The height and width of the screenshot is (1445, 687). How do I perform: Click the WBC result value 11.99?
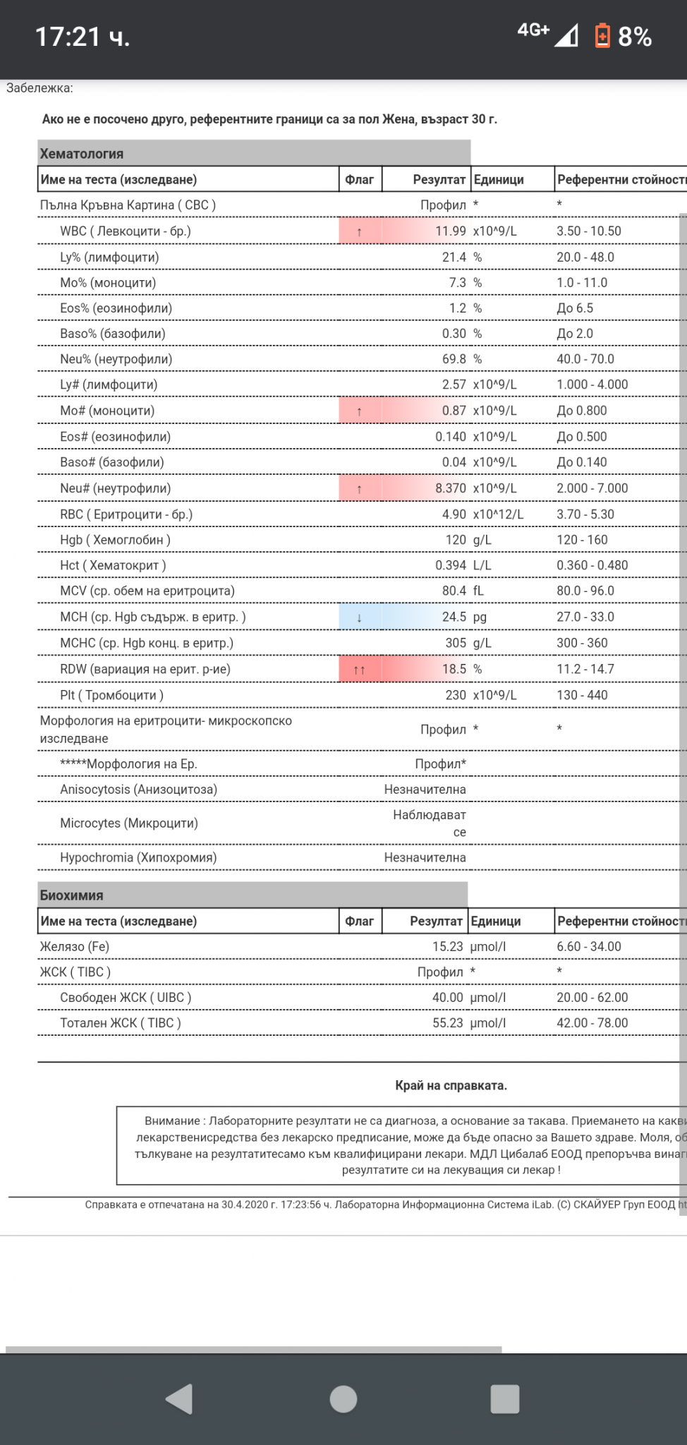click(450, 231)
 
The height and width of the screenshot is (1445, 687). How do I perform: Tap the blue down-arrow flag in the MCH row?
click(360, 617)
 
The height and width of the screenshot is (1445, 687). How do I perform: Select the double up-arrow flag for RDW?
click(360, 670)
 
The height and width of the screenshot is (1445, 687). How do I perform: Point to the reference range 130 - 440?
click(582, 695)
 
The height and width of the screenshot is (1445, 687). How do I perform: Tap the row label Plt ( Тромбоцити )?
click(111, 695)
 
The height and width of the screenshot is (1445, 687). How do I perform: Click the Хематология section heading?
click(82, 154)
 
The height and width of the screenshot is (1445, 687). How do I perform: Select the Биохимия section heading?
click(71, 895)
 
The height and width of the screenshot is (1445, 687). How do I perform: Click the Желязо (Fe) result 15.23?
click(447, 947)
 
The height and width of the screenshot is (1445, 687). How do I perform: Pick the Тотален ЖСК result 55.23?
click(447, 1023)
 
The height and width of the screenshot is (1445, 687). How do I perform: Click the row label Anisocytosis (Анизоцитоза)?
click(138, 790)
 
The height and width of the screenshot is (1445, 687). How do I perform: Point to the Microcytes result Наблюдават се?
click(430, 823)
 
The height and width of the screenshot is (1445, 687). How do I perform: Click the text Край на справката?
click(451, 1086)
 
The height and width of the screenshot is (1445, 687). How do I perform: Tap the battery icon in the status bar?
click(602, 36)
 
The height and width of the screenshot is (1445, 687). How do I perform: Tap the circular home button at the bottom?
click(343, 1399)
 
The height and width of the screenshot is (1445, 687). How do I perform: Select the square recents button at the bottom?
click(504, 1399)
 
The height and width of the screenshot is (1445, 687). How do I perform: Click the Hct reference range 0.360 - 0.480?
click(592, 565)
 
